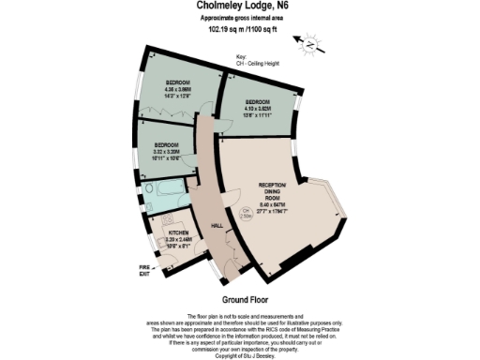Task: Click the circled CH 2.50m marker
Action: [x=245, y=212]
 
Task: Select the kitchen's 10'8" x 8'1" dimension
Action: [x=179, y=246]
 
